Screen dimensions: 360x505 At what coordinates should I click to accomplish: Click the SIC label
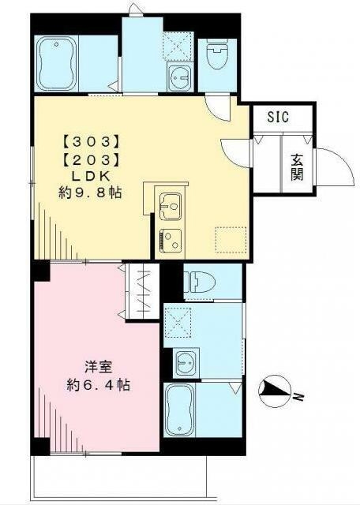(x=278, y=117)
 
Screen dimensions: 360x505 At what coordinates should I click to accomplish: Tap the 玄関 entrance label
(x=297, y=167)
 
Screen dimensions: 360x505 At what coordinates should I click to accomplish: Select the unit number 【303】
(x=92, y=142)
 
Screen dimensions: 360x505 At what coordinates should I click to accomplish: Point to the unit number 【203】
(x=92, y=159)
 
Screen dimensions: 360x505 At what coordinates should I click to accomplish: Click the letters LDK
(x=91, y=177)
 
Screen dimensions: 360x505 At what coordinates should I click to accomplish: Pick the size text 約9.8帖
(x=90, y=193)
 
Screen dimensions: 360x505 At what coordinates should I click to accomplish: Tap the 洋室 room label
(x=99, y=368)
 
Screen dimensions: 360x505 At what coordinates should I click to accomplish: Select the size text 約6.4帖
(x=99, y=385)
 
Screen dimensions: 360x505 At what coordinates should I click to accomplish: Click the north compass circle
(x=275, y=391)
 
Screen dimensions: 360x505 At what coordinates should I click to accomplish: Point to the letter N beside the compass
(x=299, y=397)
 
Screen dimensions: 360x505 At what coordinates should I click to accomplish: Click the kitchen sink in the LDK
(x=171, y=207)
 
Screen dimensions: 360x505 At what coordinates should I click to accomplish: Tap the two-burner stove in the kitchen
(x=171, y=240)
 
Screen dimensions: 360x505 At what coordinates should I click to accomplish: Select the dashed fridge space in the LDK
(x=231, y=240)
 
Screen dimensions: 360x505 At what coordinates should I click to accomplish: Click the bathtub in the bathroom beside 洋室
(x=179, y=410)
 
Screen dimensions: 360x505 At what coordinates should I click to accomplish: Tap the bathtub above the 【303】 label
(x=56, y=63)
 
